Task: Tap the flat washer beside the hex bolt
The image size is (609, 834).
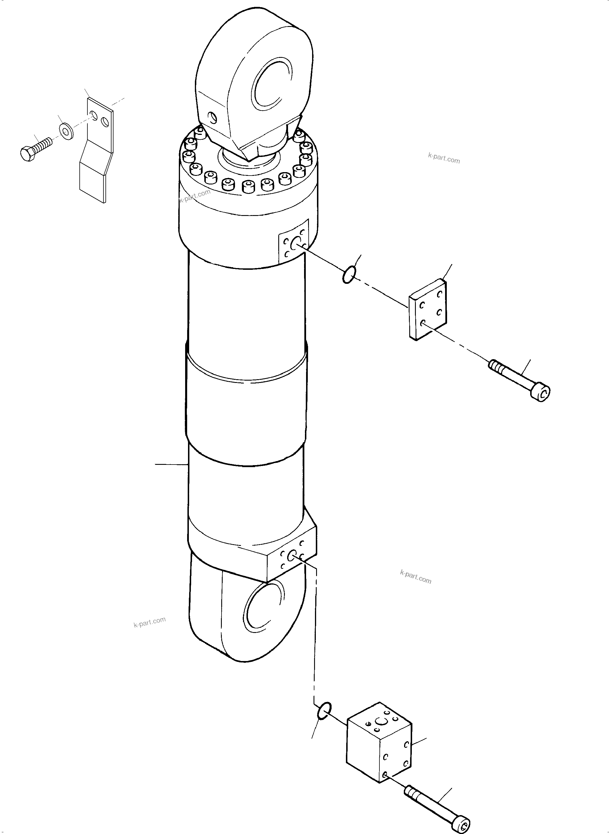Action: point(66,132)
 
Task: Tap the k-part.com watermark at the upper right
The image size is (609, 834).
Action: point(444,158)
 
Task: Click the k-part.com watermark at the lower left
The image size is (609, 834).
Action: point(150,622)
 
